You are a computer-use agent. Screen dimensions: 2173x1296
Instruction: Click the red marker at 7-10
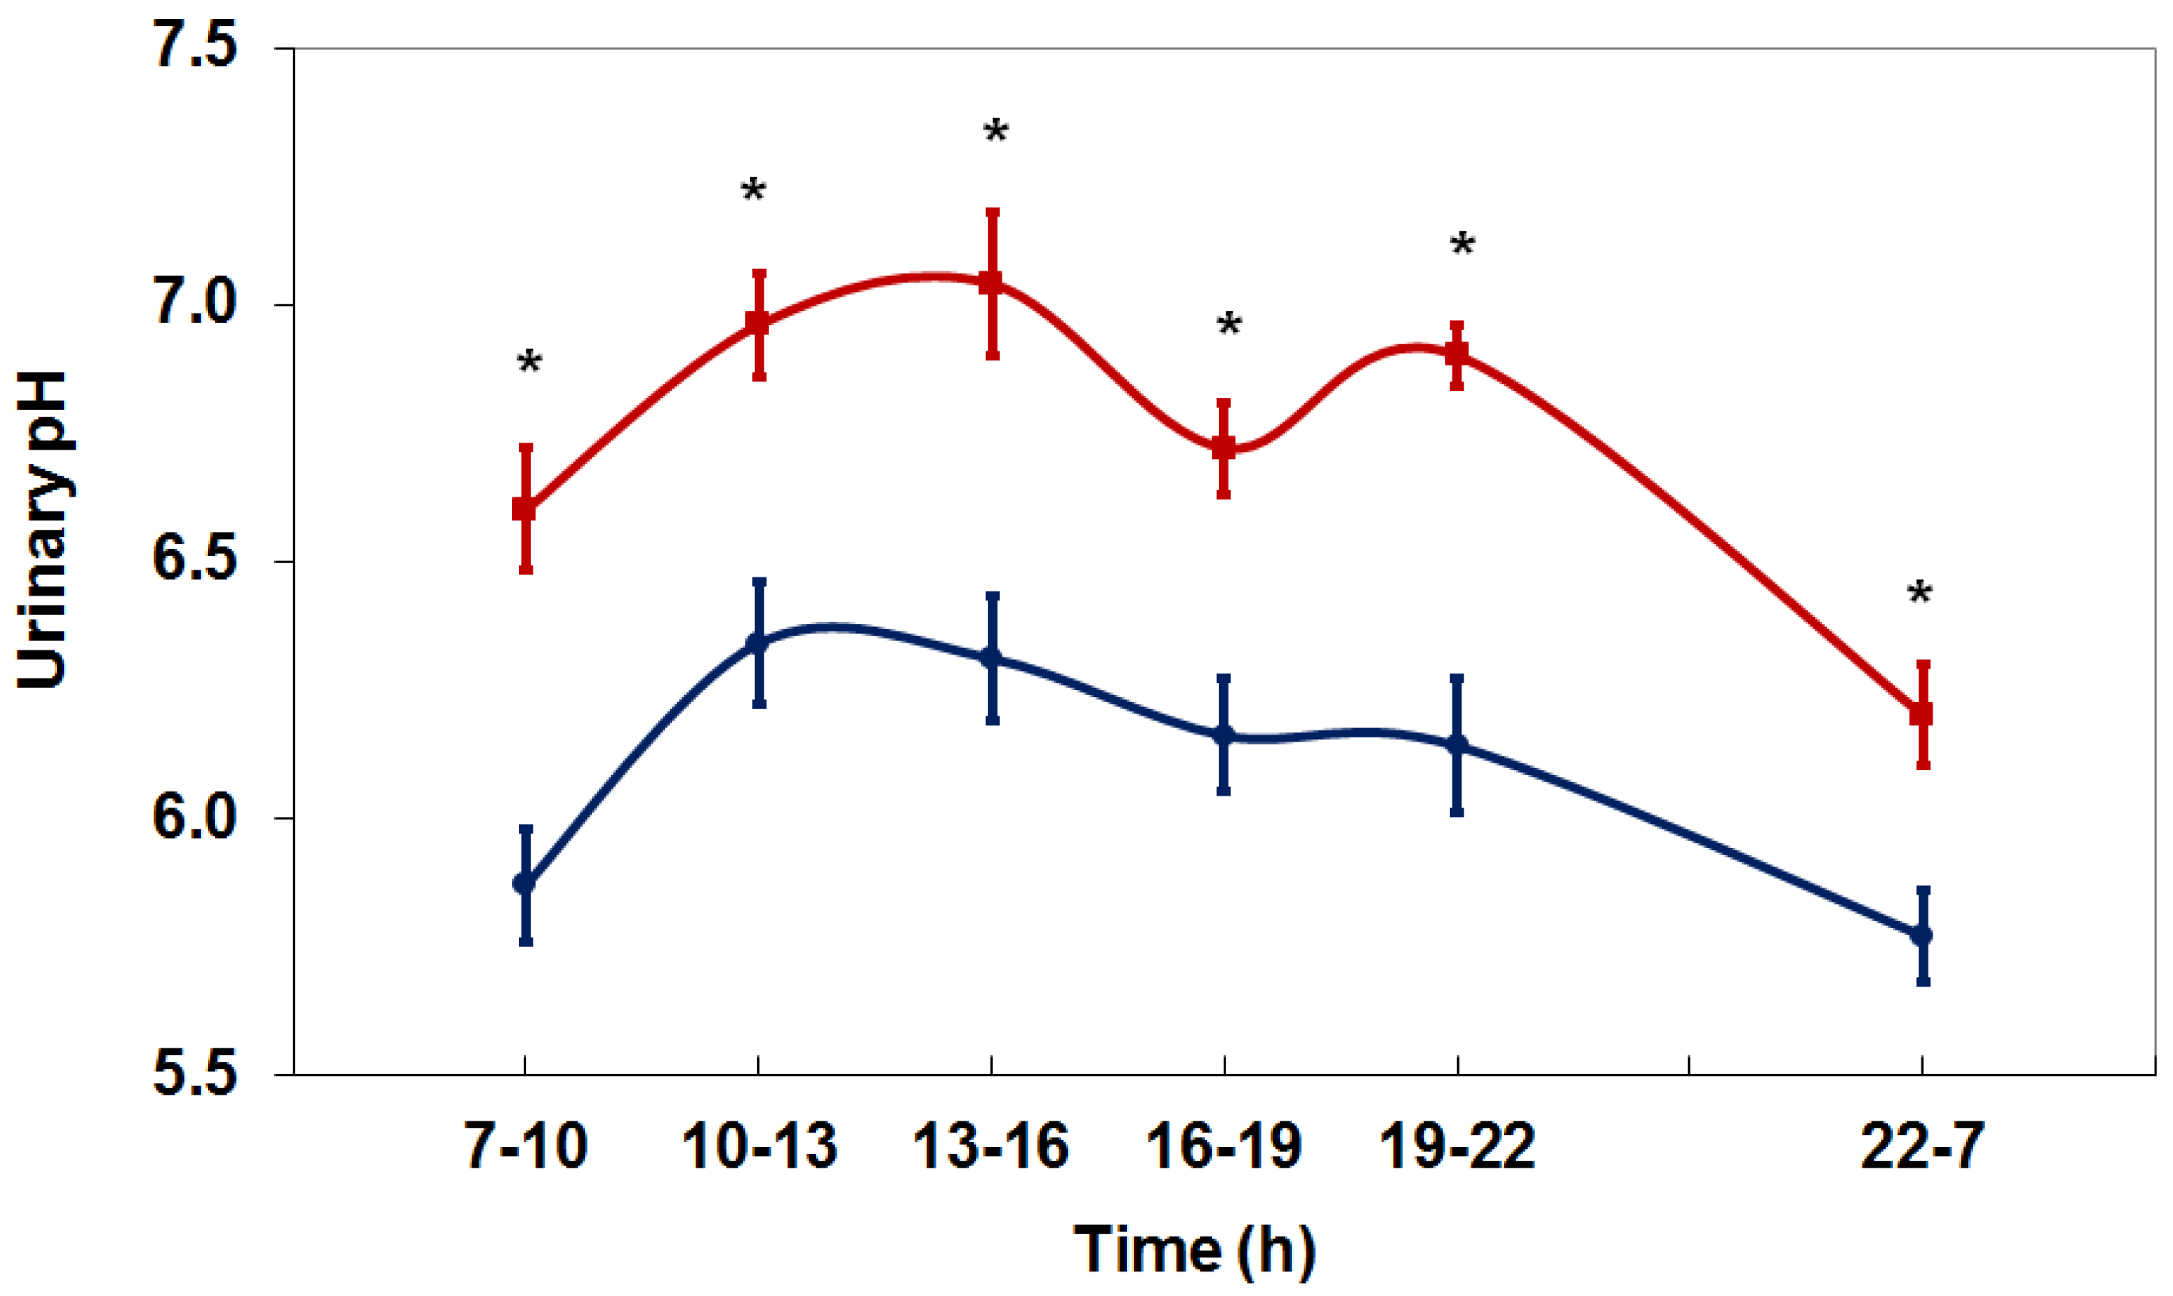point(525,508)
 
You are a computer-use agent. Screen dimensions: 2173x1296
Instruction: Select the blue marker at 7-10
point(525,883)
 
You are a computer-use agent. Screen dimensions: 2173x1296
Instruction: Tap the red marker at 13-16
point(990,283)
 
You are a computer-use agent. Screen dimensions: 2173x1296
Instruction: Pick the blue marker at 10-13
point(758,643)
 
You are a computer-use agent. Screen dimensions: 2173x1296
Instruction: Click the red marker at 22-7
point(1921,714)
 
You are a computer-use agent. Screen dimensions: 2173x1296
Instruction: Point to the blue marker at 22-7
point(1921,935)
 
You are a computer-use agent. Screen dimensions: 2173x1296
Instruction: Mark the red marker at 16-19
point(1224,448)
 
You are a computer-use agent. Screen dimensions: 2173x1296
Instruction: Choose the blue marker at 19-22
point(1456,745)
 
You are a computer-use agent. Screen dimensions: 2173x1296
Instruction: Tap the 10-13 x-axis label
point(760,1146)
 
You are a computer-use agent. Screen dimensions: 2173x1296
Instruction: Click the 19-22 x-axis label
point(1456,1146)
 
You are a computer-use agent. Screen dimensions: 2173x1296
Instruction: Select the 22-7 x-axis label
point(1922,1146)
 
